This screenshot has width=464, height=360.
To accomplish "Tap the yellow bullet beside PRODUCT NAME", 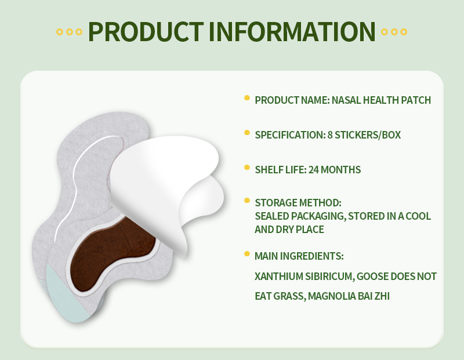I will tap(247, 99).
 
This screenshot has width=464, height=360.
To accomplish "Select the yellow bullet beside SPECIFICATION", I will tap(247, 133).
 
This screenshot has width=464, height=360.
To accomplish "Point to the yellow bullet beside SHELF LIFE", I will tap(247, 168).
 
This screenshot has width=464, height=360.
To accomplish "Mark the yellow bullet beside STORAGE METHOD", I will tap(247, 201).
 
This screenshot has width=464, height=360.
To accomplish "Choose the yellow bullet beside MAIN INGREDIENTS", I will tap(247, 254).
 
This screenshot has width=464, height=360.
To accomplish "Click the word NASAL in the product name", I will tap(346, 100).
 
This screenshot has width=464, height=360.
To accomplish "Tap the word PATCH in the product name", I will tap(416, 100).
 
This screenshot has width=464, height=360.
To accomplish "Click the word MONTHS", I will tap(340, 169).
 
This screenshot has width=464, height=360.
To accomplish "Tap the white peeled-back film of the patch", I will tap(168, 174).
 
